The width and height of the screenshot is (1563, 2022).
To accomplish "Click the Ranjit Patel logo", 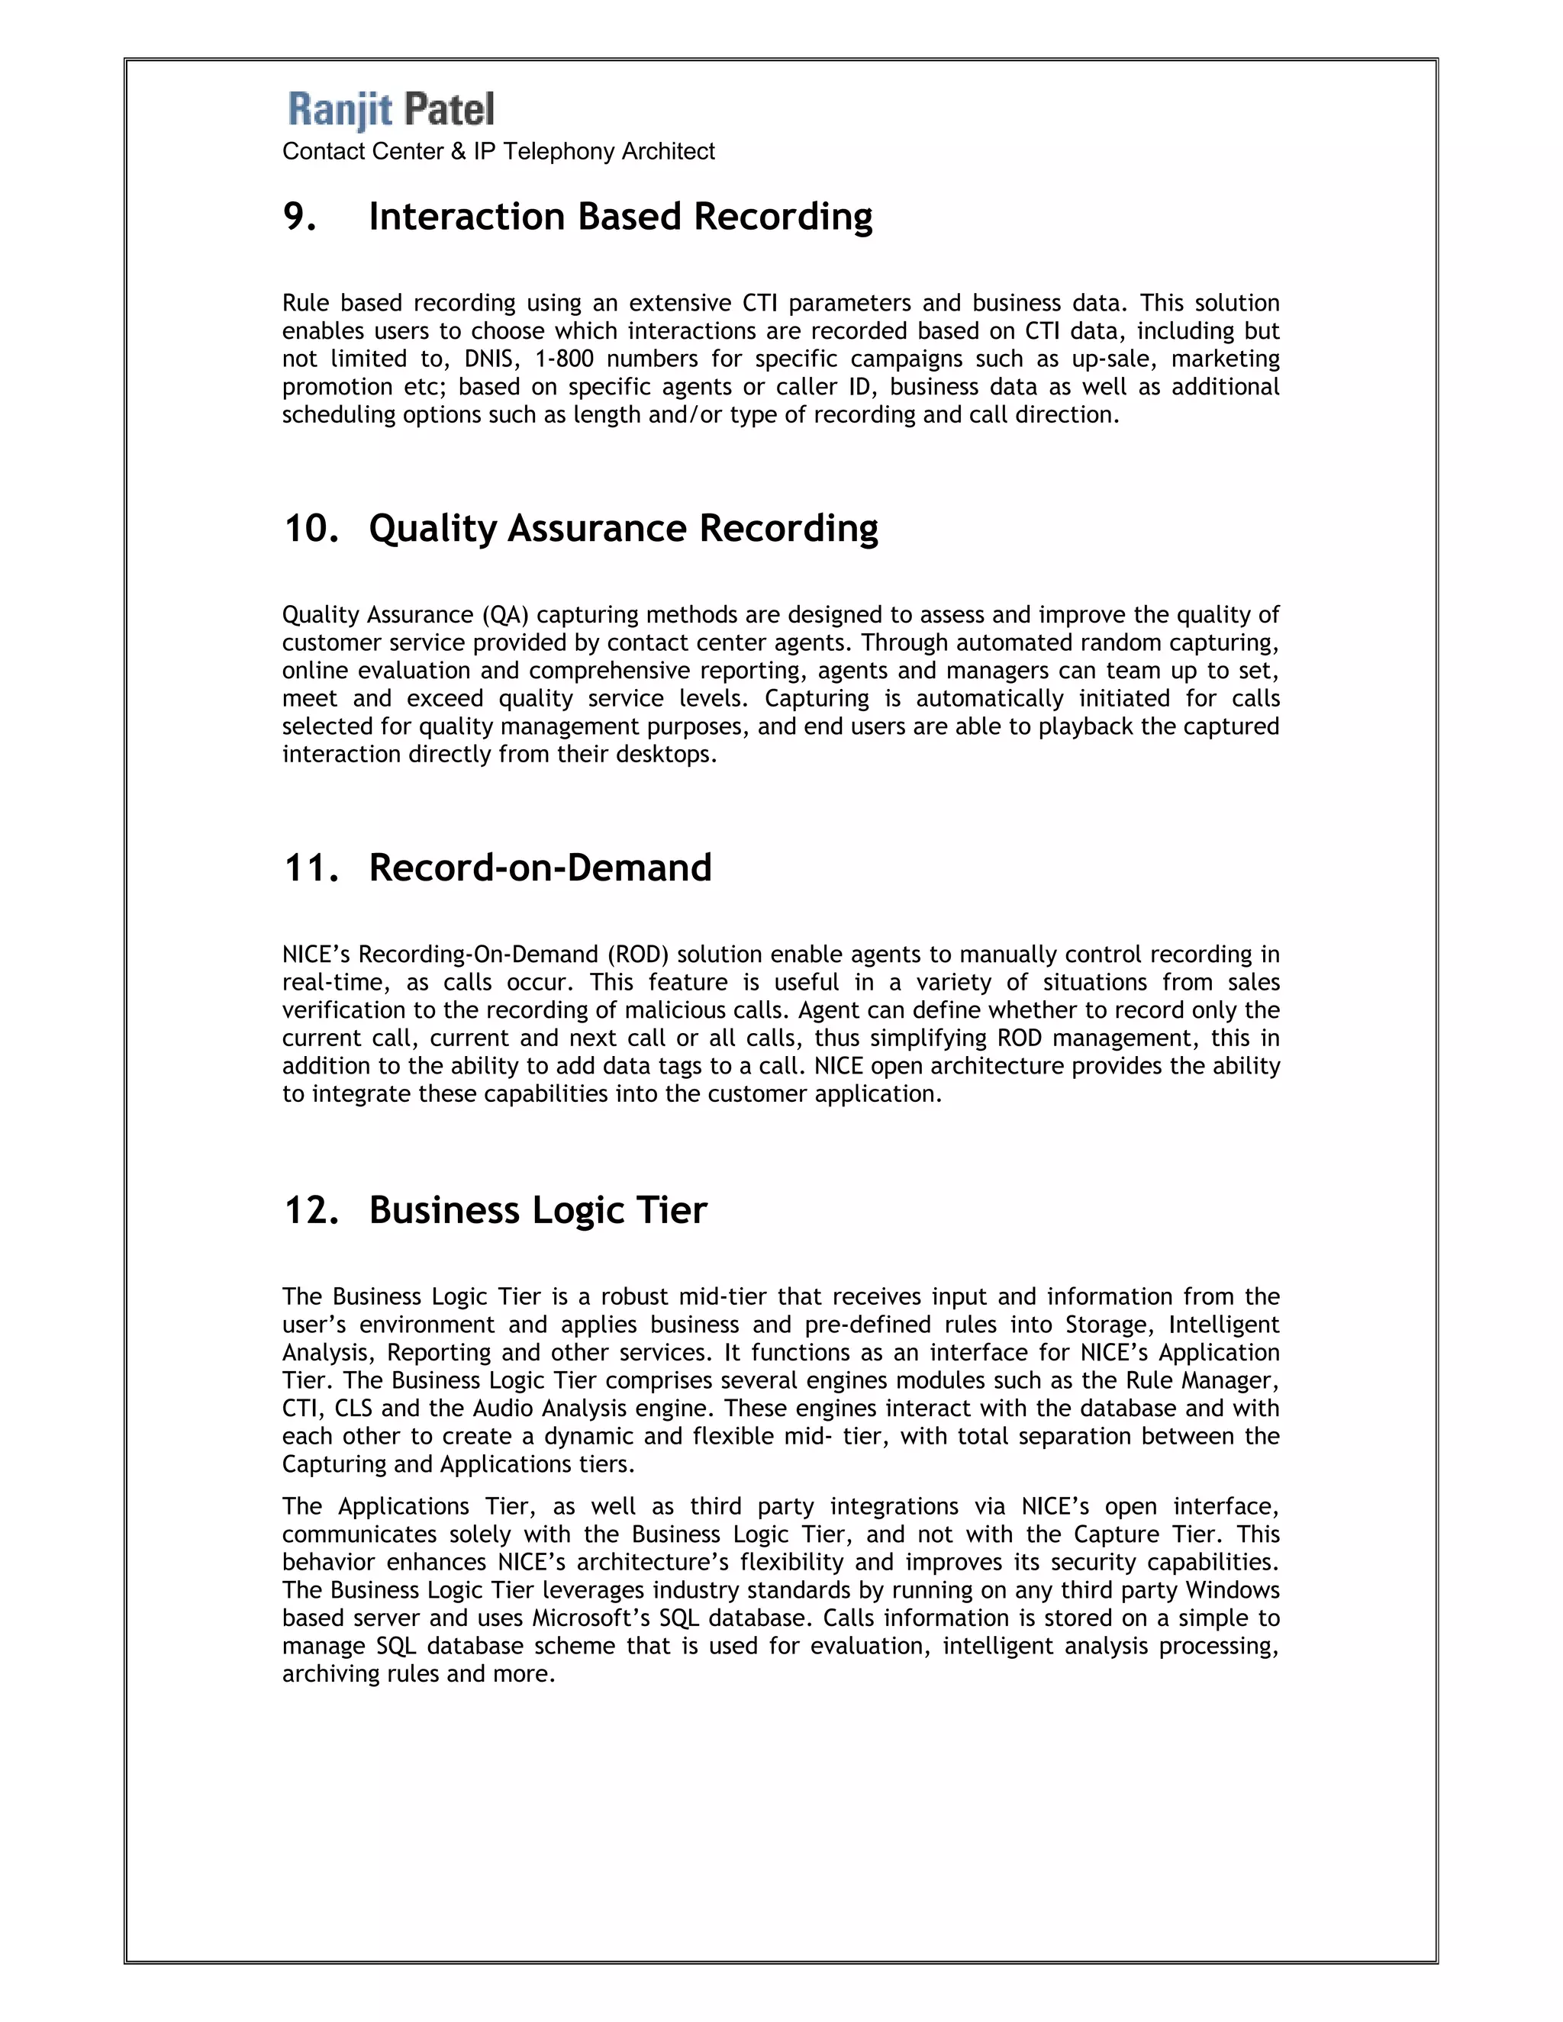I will click(391, 109).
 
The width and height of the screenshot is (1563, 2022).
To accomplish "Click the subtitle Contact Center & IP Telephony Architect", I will click(498, 152).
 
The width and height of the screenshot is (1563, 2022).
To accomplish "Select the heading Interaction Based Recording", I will click(620, 217).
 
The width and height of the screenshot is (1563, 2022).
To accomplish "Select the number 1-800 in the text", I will click(564, 359).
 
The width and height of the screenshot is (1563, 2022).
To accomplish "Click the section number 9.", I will click(299, 217).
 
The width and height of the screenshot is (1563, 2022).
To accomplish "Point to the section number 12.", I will click(311, 1211).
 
